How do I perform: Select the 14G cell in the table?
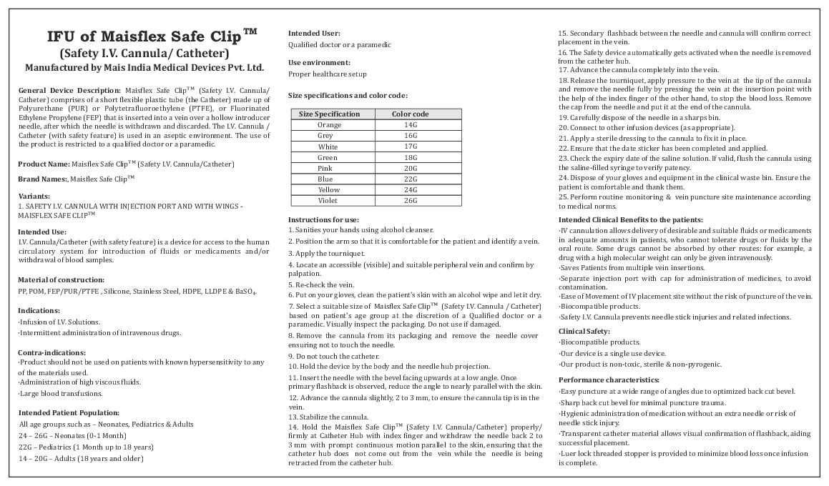[x=410, y=125]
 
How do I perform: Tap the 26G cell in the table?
[x=410, y=201]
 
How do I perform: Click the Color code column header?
[x=410, y=114]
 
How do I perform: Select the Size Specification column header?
[x=329, y=114]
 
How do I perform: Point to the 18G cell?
[x=410, y=157]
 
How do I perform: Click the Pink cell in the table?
[x=325, y=169]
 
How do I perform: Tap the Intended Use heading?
[x=42, y=232]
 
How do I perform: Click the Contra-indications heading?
[x=51, y=352]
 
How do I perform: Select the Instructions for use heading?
[x=323, y=219]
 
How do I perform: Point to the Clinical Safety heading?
[x=584, y=332]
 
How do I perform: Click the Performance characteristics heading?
[x=609, y=380]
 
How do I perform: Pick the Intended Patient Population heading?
[x=69, y=412]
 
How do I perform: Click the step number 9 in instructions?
[x=290, y=355]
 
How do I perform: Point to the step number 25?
[x=562, y=196]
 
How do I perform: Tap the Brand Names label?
[x=42, y=179]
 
